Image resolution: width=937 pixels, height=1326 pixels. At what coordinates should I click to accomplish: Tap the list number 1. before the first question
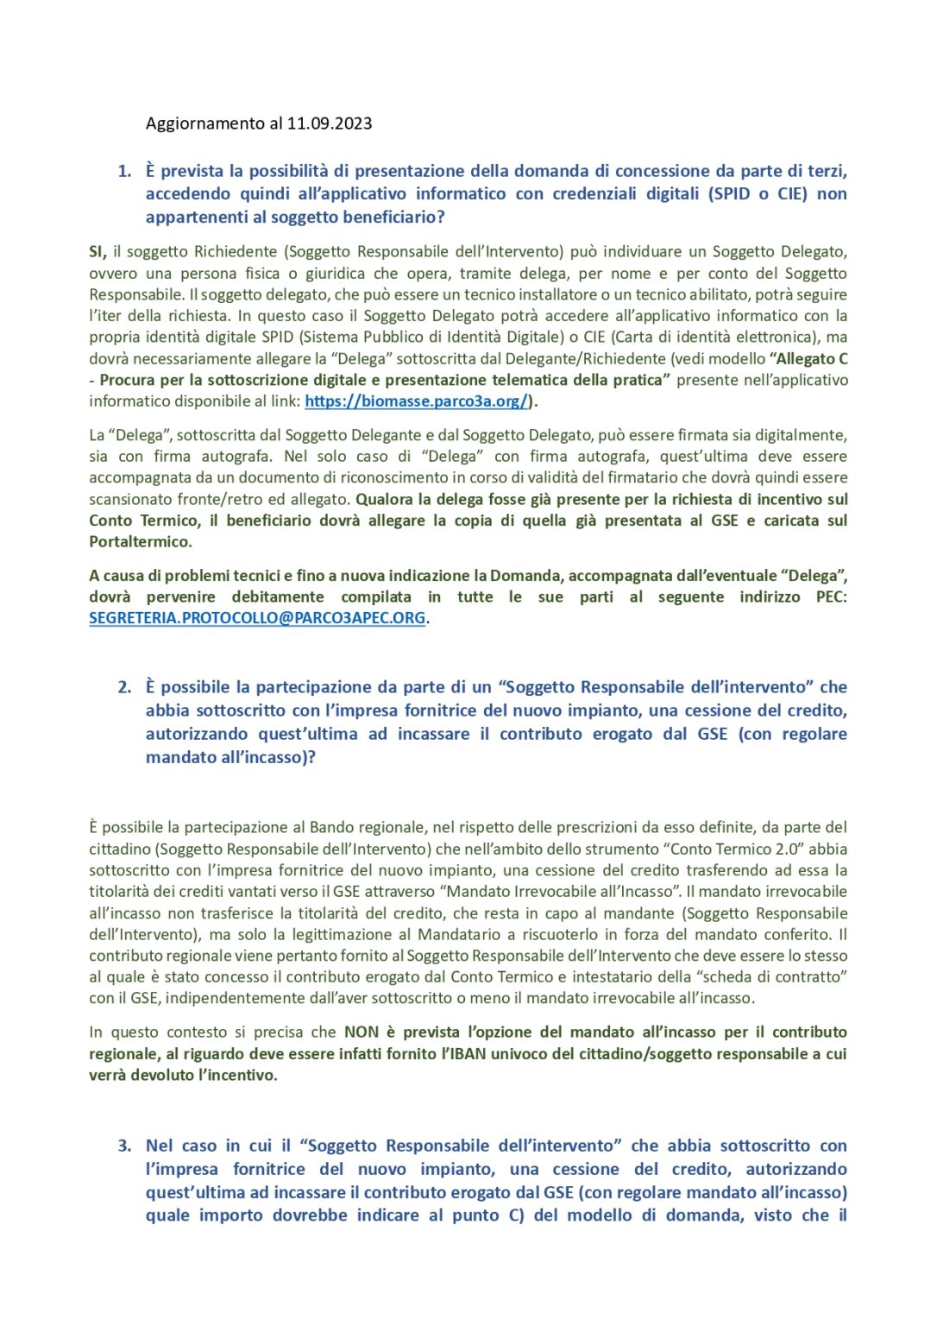coord(125,171)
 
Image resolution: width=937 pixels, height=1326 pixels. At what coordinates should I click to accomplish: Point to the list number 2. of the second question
coord(125,687)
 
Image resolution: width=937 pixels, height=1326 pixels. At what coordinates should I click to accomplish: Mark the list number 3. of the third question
coord(125,1146)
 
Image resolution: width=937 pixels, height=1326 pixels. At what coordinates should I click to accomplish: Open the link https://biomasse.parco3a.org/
coord(416,401)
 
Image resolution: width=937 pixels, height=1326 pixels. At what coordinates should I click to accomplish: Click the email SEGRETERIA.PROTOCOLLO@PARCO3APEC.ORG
coord(257,618)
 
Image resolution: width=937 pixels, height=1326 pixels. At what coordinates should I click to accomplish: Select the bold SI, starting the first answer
coord(97,252)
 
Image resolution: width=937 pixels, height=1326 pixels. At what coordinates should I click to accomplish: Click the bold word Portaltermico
coord(140,542)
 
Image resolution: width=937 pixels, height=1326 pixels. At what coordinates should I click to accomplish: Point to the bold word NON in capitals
coord(362,1032)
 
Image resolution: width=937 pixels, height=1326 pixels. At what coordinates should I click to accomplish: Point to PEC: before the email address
coord(831,597)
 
